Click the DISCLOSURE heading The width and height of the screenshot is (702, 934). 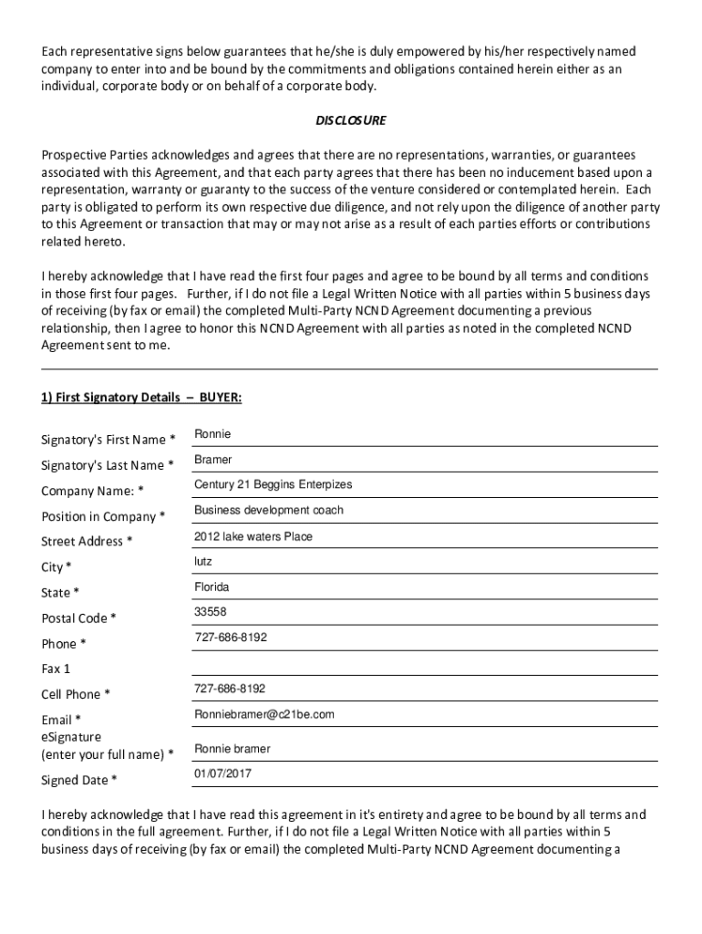tap(351, 120)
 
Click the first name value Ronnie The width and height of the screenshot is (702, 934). tap(212, 433)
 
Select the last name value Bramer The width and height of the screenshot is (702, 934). tap(213, 459)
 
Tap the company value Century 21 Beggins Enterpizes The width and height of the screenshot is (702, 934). tap(273, 484)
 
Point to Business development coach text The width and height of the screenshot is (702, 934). tap(268, 510)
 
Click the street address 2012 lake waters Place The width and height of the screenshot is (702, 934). tap(253, 536)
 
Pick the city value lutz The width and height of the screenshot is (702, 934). tap(203, 561)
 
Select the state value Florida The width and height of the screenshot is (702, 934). tap(212, 586)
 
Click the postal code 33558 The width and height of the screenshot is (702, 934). tap(211, 611)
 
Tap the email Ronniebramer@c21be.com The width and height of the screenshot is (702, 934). tap(264, 713)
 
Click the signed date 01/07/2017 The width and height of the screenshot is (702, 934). tap(222, 773)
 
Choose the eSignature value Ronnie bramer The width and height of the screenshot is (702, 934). tap(232, 749)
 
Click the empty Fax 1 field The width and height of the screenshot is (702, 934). tap(424, 664)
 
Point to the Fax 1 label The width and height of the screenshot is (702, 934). tap(56, 669)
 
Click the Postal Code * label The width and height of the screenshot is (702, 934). tap(78, 618)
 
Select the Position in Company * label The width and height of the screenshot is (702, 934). tap(103, 516)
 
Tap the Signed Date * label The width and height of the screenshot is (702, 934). tap(79, 780)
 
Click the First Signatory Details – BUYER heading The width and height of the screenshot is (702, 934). tap(141, 398)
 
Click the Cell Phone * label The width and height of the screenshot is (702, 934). tap(76, 694)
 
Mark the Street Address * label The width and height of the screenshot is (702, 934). tap(87, 541)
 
